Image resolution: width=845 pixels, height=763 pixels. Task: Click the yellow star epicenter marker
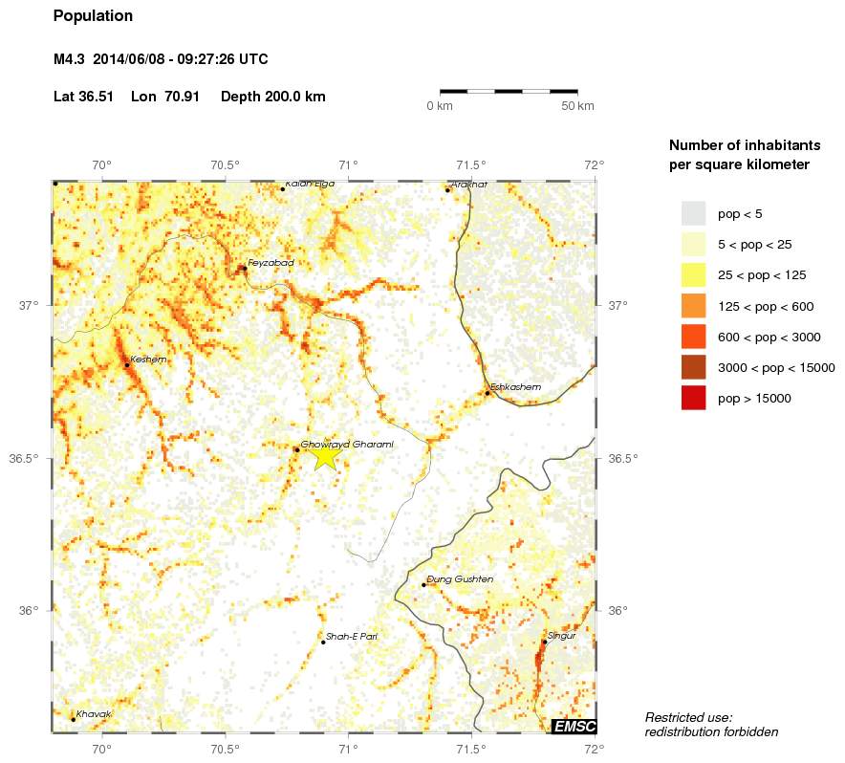(325, 456)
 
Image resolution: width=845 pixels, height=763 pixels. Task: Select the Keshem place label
(148, 360)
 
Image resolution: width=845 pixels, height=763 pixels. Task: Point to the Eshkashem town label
(515, 386)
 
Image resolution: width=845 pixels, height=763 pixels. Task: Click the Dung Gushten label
(460, 579)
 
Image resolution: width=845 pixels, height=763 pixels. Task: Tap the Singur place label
(561, 635)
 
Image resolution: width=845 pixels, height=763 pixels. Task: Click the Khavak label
(95, 714)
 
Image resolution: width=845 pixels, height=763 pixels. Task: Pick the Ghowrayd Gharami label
(347, 444)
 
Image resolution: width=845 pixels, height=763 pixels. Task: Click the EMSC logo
(574, 727)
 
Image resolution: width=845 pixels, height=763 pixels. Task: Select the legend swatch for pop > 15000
(693, 398)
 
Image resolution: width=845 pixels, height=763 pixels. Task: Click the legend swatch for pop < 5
(693, 213)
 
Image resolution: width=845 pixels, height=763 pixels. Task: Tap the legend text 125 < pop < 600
(775, 306)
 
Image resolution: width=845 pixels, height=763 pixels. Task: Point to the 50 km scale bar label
(577, 105)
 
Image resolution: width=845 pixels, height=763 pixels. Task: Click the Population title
(93, 16)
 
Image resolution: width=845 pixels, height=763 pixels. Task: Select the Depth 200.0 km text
(273, 97)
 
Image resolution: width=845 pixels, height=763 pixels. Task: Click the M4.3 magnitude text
(70, 59)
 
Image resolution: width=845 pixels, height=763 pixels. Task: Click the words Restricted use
(688, 717)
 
